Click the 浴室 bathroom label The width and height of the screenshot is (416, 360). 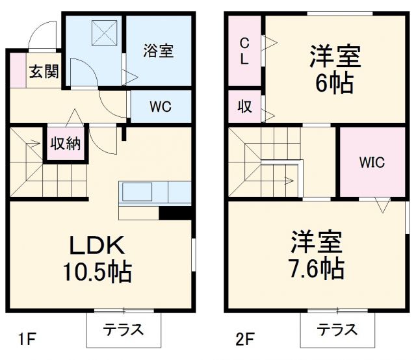pyautogui.click(x=158, y=51)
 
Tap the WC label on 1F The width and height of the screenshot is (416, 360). pyautogui.click(x=160, y=107)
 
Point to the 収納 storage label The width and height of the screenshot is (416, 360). pyautogui.click(x=66, y=143)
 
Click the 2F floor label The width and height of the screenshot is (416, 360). pyautogui.click(x=244, y=339)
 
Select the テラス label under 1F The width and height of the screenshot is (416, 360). pyautogui.click(x=123, y=329)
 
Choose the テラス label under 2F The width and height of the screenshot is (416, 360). pyautogui.click(x=337, y=329)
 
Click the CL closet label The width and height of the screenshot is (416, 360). pyautogui.click(x=244, y=51)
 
